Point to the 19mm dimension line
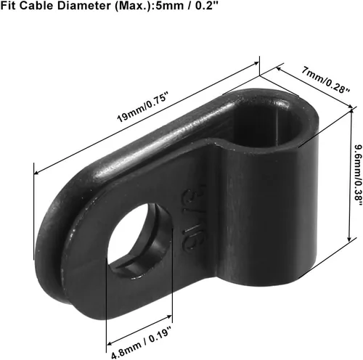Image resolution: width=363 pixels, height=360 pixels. click(145, 117)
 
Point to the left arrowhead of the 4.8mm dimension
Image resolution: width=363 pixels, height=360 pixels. click(110, 322)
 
